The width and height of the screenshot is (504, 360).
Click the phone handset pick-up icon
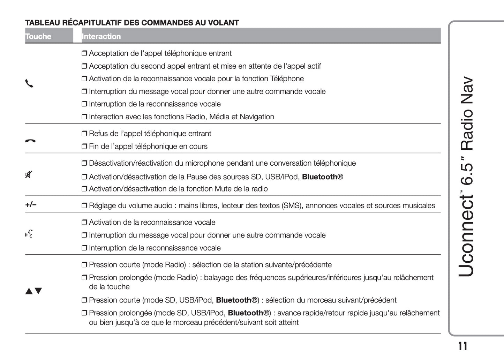coord(29,84)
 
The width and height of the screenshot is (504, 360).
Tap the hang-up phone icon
coord(30,141)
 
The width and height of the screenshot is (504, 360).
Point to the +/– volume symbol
coord(31,204)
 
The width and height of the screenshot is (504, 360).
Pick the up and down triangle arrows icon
coord(33,291)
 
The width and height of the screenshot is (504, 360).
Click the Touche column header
coord(38,36)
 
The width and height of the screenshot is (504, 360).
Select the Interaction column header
coord(101,36)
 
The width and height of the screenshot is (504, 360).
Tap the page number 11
coord(462,346)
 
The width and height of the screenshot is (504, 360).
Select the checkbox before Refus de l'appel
coord(84,134)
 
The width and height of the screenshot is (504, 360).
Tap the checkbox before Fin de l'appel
coord(84,147)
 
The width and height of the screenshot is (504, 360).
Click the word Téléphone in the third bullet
coord(287,79)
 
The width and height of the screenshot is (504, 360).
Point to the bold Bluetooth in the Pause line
coord(319,177)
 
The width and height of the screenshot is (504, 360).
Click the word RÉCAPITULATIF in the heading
coord(92,23)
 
